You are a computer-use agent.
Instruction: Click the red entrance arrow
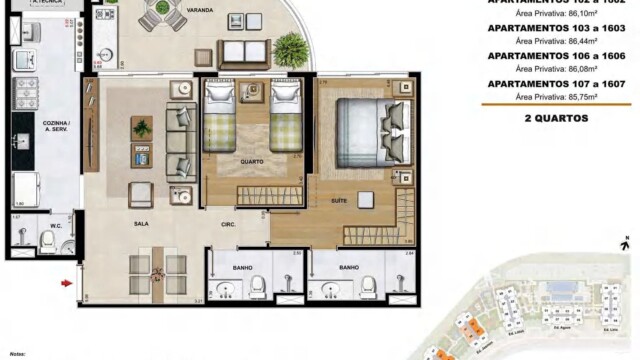(x=67, y=283)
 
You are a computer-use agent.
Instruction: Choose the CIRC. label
(x=229, y=225)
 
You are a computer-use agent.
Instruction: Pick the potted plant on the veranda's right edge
(x=291, y=47)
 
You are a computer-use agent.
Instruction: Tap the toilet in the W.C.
(x=22, y=234)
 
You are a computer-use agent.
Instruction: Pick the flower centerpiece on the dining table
(x=157, y=271)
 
